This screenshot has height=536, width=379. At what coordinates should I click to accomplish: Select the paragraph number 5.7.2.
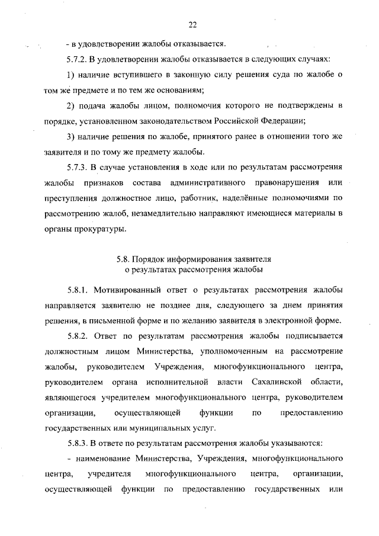click(78, 60)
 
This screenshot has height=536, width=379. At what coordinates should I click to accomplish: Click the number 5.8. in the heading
click(123, 259)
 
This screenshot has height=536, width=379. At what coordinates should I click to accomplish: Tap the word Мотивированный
click(124, 290)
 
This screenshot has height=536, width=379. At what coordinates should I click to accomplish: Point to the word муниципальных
click(157, 428)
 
